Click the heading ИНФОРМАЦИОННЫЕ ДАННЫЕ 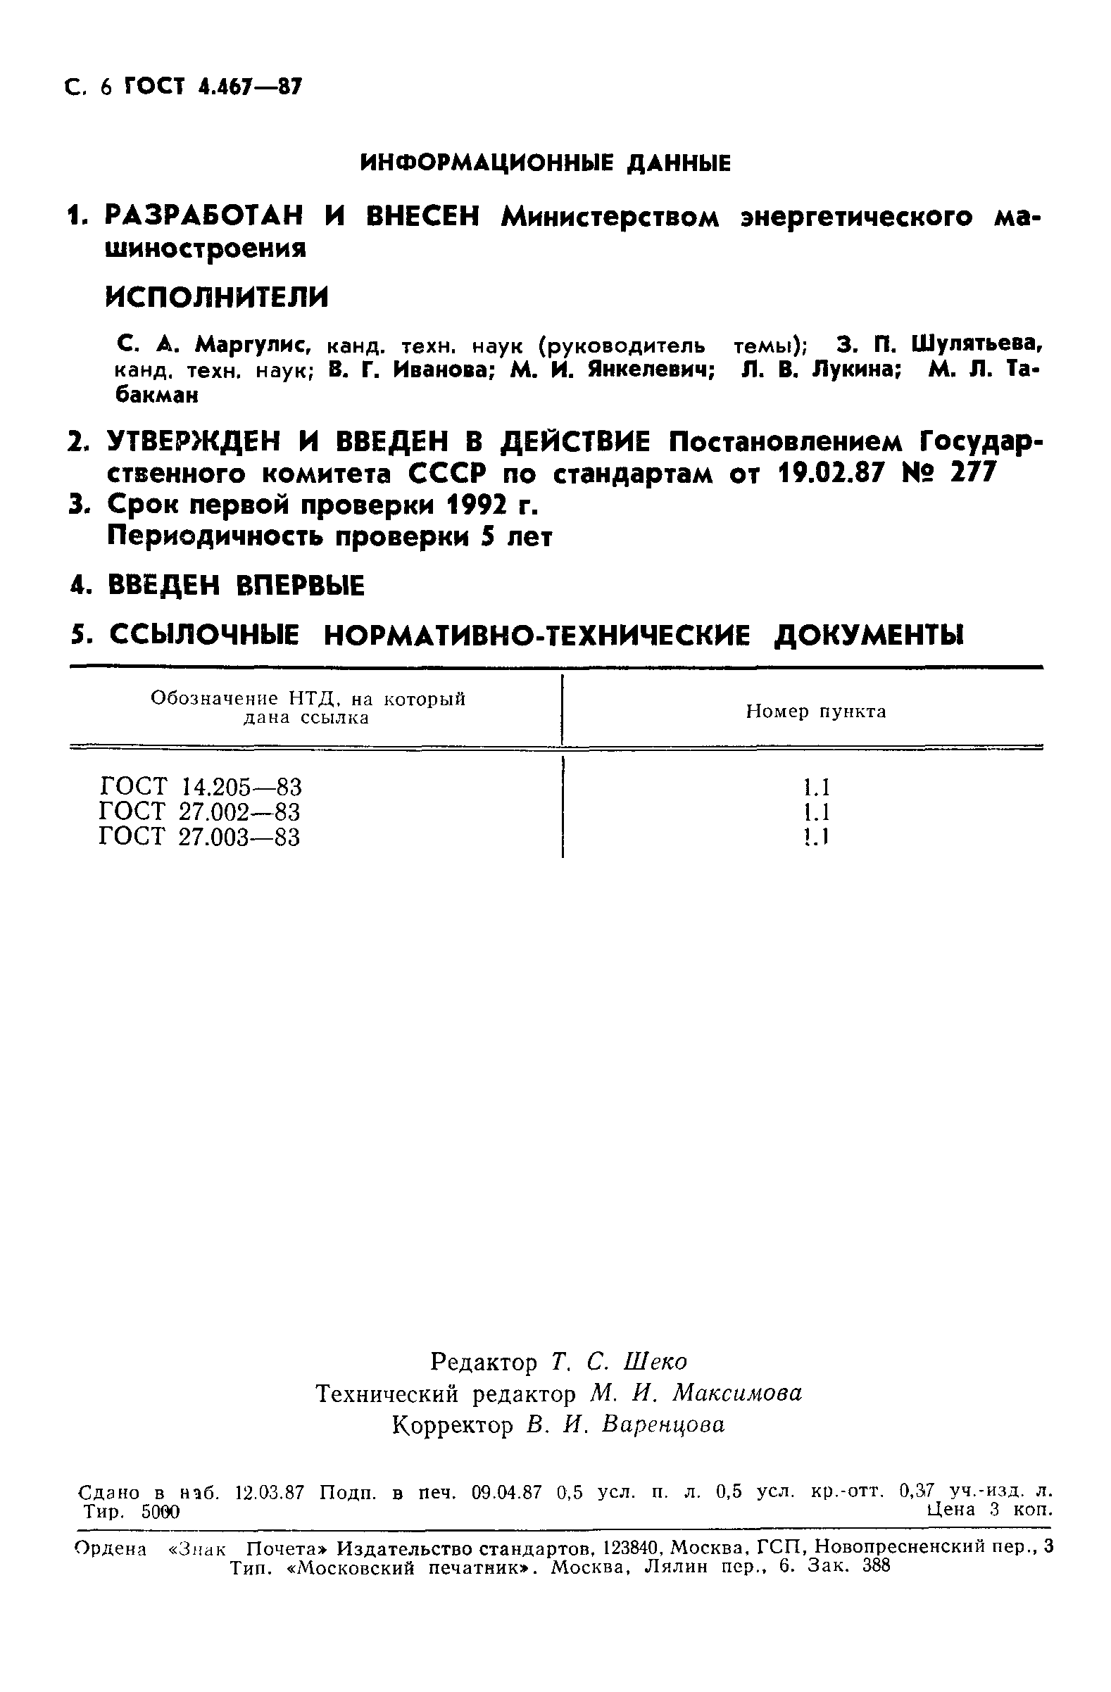[x=546, y=164]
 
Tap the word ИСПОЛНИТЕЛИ [x=217, y=296]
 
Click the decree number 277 [x=973, y=472]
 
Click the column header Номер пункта [x=816, y=712]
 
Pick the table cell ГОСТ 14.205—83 [x=201, y=787]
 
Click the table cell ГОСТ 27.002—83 [x=200, y=812]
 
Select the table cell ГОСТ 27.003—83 [x=200, y=837]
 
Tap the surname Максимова [x=737, y=1394]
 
